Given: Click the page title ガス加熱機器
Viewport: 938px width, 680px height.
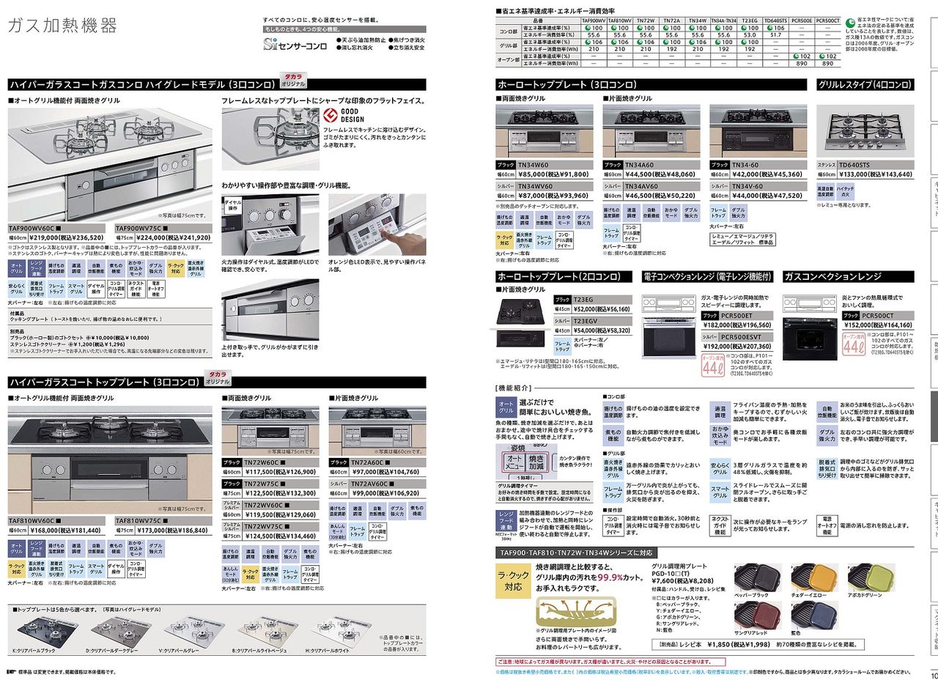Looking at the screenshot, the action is click(x=62, y=26).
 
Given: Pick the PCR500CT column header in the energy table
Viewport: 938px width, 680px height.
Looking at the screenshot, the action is click(x=827, y=21).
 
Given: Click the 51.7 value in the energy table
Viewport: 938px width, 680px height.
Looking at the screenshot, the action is click(x=776, y=34).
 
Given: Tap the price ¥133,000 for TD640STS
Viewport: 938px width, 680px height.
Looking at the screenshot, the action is click(x=854, y=174).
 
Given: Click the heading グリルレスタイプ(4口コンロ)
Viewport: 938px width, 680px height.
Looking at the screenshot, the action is click(x=865, y=85).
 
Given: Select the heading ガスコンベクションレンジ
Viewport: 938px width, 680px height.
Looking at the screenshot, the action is click(x=832, y=276).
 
